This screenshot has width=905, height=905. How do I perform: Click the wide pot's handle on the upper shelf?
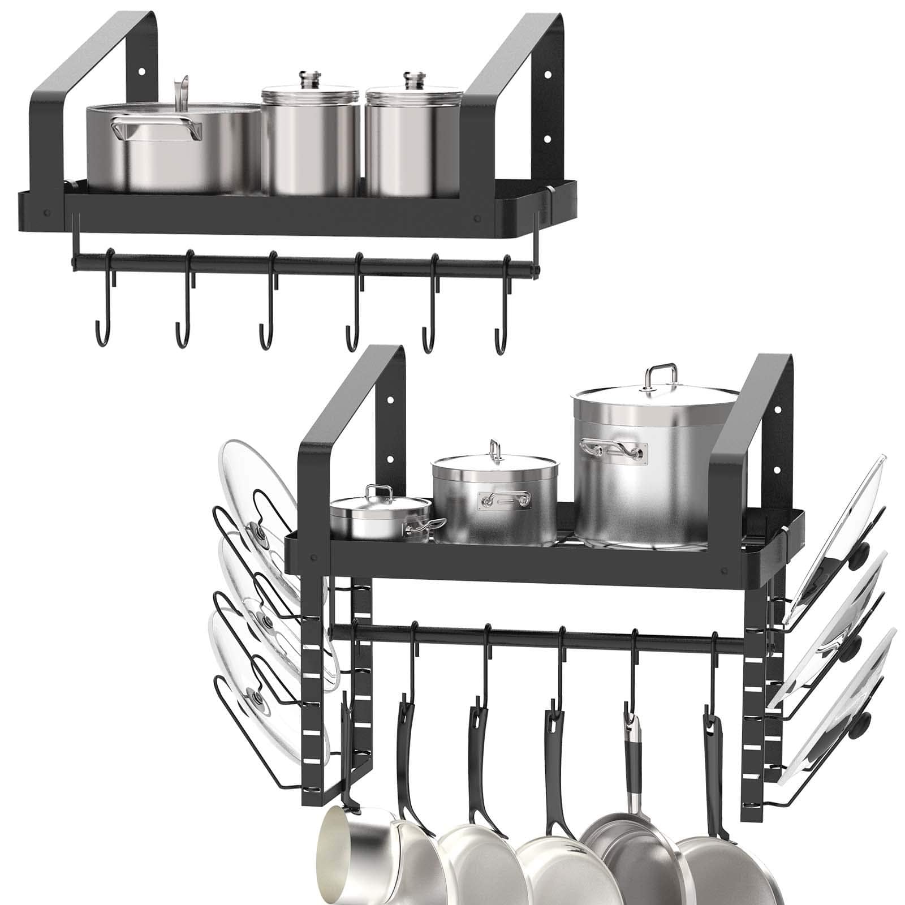pyautogui.click(x=156, y=129)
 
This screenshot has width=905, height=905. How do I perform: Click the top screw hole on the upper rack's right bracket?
pyautogui.click(x=547, y=74)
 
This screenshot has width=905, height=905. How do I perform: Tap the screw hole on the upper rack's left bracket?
pyautogui.click(x=141, y=72)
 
